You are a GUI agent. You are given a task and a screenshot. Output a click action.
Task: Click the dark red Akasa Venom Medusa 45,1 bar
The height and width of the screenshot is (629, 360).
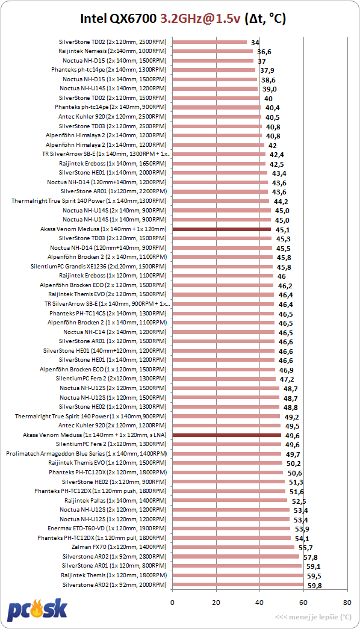(x=222, y=229)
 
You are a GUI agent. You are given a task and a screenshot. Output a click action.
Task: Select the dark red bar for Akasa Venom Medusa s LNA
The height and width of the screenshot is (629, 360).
(x=227, y=435)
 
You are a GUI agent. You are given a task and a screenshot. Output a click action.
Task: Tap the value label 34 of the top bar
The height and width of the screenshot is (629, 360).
(x=255, y=43)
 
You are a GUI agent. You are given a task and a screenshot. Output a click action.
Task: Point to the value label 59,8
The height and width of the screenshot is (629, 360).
(x=315, y=586)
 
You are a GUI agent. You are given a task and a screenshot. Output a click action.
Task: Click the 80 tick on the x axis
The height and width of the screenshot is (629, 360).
(x=347, y=602)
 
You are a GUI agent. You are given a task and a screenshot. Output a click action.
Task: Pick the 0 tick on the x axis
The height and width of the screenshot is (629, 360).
(x=173, y=602)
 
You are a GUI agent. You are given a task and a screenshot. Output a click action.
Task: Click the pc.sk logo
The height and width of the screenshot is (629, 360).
(x=37, y=609)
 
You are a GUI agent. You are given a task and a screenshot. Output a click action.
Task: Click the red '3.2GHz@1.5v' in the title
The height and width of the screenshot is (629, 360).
(x=200, y=19)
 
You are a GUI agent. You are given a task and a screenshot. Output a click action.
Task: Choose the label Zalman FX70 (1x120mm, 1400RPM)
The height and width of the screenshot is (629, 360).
(x=119, y=547)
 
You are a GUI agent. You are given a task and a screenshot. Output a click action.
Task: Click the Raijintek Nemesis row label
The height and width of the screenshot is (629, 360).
(x=113, y=51)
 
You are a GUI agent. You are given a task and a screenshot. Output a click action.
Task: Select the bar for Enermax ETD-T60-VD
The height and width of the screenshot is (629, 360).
(x=231, y=528)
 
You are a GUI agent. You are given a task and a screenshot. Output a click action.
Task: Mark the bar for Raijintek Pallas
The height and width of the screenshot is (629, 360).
(x=230, y=501)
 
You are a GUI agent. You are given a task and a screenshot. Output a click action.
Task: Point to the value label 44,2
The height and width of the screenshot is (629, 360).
(x=281, y=202)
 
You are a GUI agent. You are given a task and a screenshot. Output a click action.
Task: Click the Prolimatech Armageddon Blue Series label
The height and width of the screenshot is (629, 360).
(x=86, y=454)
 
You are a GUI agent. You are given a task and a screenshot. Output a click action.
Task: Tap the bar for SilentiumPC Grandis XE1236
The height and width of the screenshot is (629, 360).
(x=222, y=267)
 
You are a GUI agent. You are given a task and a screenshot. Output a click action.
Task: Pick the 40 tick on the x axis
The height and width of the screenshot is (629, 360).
(x=259, y=602)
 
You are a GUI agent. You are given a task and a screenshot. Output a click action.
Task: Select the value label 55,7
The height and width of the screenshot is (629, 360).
(x=305, y=548)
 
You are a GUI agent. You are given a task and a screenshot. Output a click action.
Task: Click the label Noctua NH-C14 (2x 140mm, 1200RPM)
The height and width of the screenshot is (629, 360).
(x=115, y=332)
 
